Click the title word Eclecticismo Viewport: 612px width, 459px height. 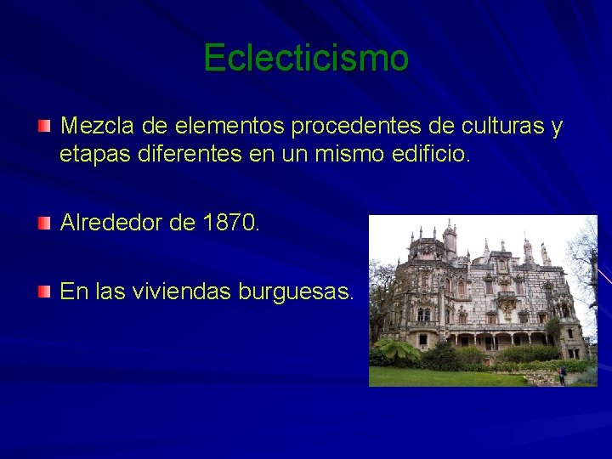(306, 58)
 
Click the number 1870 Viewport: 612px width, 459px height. (232, 224)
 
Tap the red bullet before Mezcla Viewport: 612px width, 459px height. (44, 127)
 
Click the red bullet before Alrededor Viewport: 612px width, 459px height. (44, 224)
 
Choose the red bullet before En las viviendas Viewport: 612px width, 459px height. (44, 292)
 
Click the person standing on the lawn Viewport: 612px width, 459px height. (562, 375)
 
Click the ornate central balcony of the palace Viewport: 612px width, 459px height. (507, 302)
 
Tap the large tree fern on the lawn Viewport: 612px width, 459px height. (398, 350)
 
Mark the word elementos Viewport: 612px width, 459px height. (229, 127)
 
